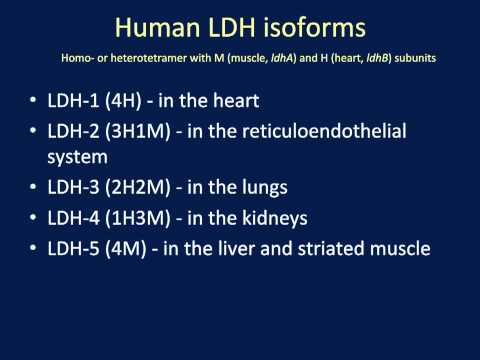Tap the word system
85,158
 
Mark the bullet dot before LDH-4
37,218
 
